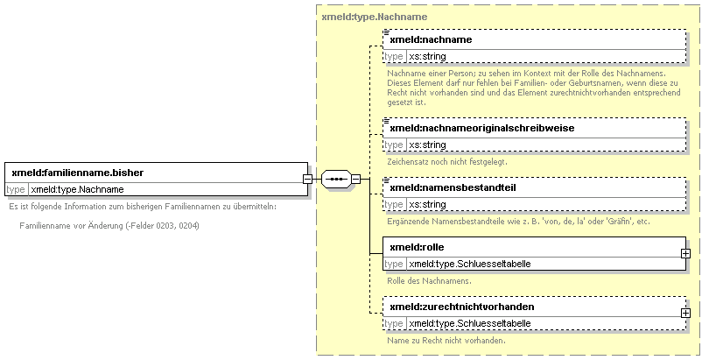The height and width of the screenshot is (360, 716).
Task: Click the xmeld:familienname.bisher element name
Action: (x=78, y=173)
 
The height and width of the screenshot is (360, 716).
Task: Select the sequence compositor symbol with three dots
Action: (x=336, y=179)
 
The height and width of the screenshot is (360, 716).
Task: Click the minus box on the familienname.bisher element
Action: (x=308, y=179)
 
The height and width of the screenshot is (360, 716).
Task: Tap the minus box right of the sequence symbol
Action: (x=355, y=179)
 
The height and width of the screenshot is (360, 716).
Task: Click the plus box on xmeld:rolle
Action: (x=685, y=253)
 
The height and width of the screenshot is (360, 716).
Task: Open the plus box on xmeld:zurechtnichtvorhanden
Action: (x=685, y=313)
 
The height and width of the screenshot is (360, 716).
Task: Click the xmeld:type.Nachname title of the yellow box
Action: (x=375, y=17)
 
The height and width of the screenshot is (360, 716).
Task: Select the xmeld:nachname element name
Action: (x=431, y=39)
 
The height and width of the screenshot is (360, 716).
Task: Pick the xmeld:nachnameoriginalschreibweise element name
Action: (x=482, y=128)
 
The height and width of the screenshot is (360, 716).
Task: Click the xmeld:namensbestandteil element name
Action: (x=453, y=187)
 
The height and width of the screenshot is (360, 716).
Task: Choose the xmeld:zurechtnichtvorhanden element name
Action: (x=462, y=307)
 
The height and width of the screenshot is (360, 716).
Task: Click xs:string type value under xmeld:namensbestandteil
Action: (x=428, y=204)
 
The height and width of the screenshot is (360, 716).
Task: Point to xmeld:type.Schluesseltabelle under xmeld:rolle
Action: (x=470, y=264)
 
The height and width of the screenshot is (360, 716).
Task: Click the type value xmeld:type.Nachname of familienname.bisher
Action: (x=77, y=189)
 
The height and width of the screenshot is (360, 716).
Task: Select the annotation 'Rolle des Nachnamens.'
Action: (x=429, y=281)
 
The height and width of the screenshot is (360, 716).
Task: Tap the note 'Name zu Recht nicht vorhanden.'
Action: (x=446, y=341)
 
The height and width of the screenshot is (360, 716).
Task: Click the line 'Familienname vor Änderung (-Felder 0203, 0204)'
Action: (x=109, y=226)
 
